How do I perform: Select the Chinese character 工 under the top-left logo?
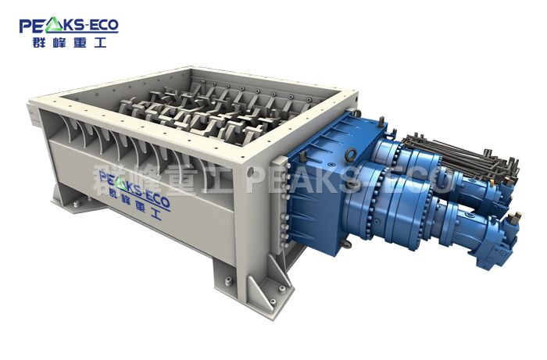(98, 42)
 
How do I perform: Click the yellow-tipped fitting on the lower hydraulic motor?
(515, 218)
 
